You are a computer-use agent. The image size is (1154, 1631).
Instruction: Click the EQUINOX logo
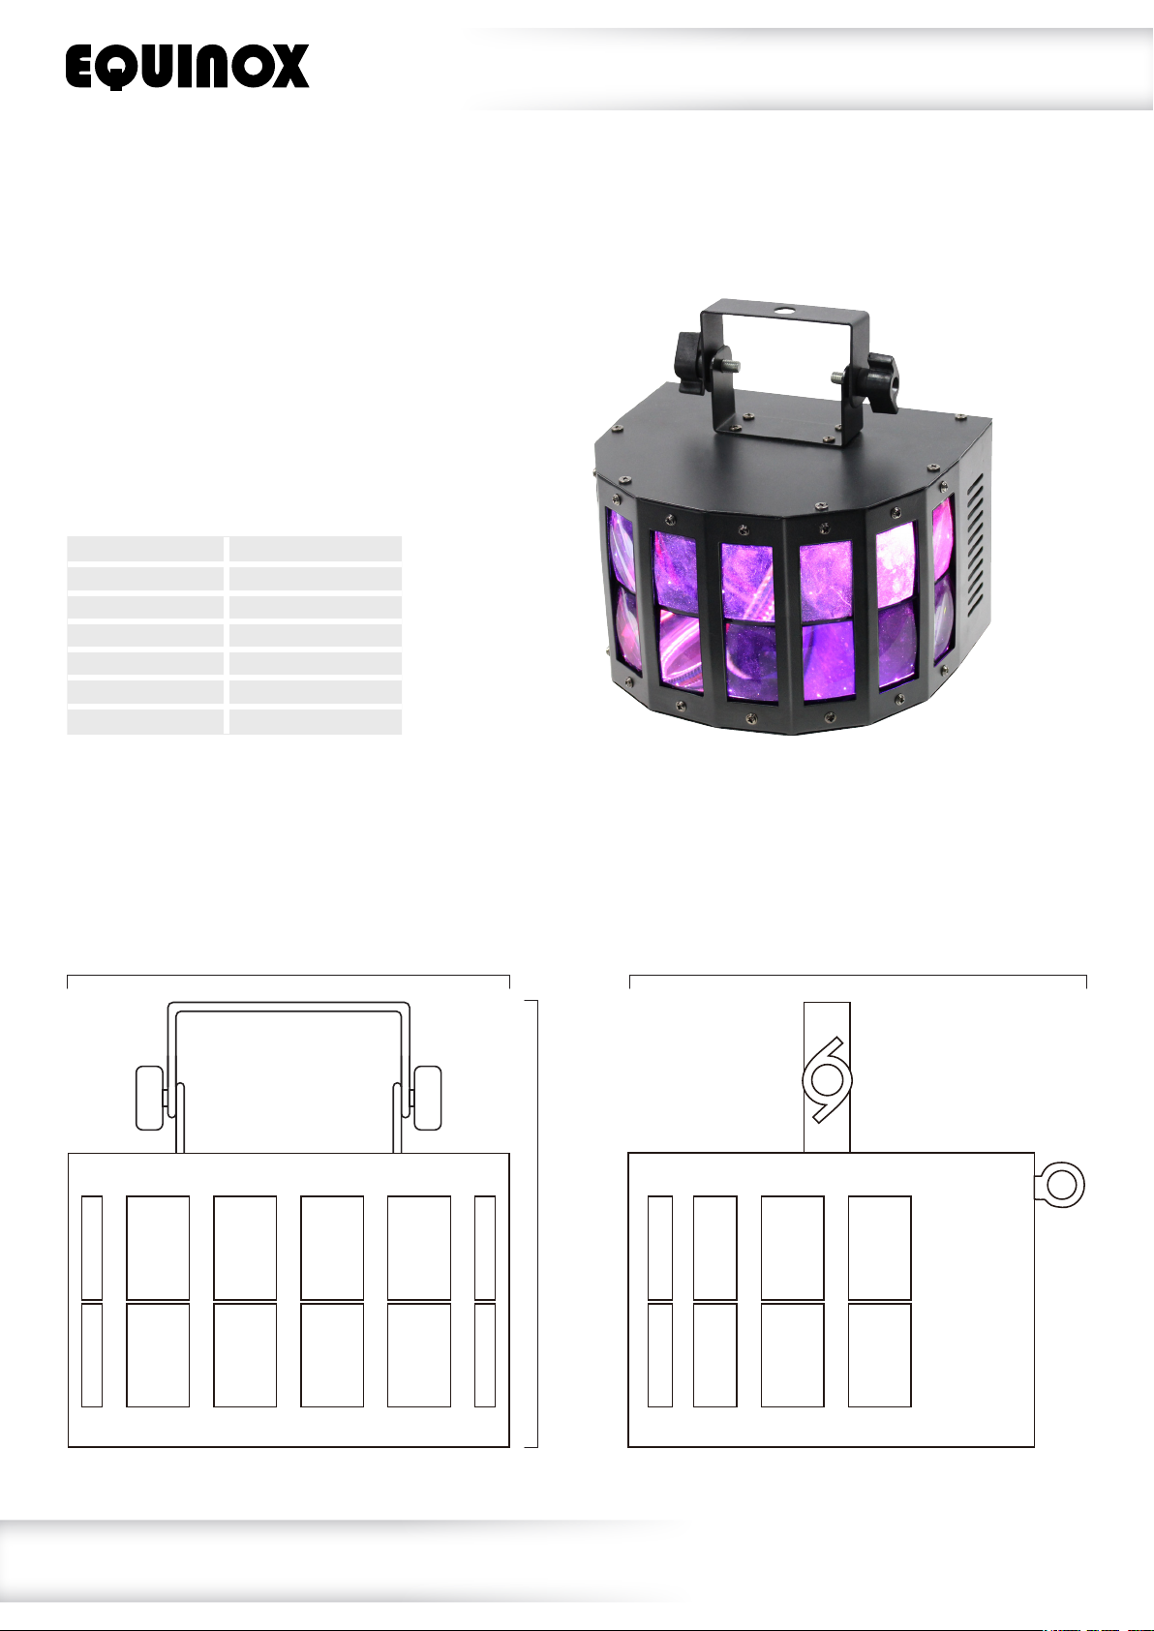187,66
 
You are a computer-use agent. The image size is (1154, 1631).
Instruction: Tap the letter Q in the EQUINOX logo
115,67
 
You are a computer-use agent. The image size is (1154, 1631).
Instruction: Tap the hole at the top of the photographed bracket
785,311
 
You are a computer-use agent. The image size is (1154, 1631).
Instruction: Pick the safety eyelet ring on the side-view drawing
1060,1185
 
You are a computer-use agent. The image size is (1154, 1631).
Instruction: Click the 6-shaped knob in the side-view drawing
827,1080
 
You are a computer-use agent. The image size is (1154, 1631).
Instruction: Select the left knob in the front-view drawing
150,1098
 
